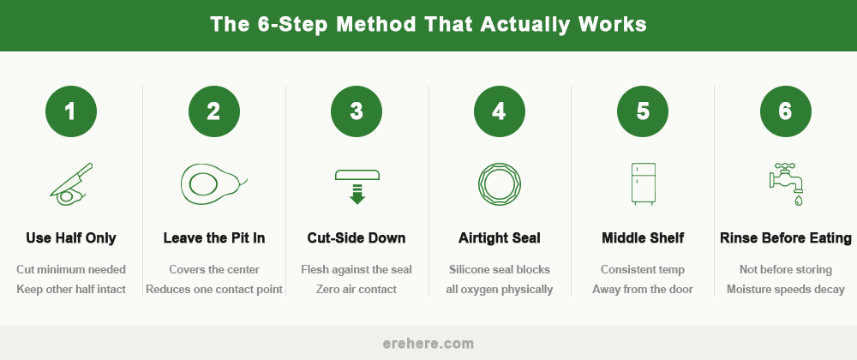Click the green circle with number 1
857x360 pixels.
click(x=71, y=111)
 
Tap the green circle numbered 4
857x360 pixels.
click(x=500, y=111)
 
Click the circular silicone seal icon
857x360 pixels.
click(x=500, y=183)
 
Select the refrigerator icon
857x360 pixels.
click(x=643, y=183)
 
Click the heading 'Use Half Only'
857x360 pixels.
click(x=71, y=237)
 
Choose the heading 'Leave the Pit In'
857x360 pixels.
click(x=214, y=237)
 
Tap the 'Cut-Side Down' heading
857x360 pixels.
click(x=357, y=237)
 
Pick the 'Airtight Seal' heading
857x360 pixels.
click(x=500, y=237)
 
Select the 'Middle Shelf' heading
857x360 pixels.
click(x=643, y=237)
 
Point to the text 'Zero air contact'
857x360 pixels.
click(x=357, y=289)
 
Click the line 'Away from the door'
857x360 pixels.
click(x=643, y=289)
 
